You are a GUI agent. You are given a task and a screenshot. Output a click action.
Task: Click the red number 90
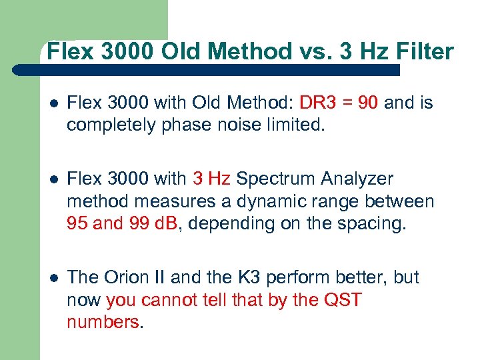tap(369, 103)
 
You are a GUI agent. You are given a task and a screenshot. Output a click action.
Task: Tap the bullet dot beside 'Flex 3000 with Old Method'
tap(53, 104)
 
